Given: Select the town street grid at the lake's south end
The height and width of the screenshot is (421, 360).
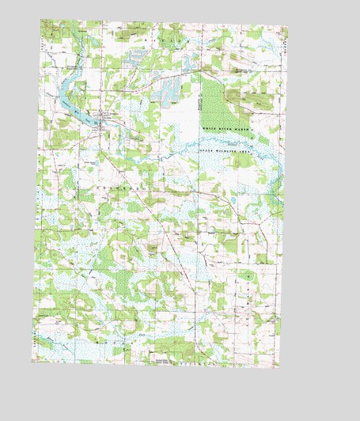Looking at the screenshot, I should pyautogui.click(x=104, y=121).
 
